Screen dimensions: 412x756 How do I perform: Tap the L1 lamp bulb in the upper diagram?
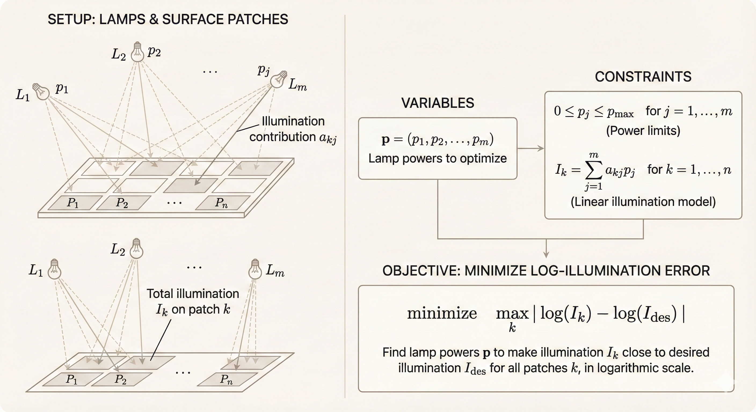tap(42, 91)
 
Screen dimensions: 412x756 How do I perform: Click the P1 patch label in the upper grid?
tap(72, 203)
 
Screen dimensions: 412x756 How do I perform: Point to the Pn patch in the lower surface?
tap(226, 380)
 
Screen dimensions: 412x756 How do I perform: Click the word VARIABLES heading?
tap(438, 103)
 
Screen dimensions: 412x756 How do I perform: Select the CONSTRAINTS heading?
tap(643, 76)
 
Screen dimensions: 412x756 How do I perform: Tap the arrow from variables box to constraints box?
tap(530, 148)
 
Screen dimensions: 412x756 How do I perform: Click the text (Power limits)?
tap(643, 130)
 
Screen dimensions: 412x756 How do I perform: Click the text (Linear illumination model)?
tap(643, 202)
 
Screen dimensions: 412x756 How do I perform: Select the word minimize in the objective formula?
tap(442, 314)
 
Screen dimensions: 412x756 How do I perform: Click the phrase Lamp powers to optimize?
tap(438, 158)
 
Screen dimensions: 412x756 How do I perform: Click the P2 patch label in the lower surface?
tap(120, 379)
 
